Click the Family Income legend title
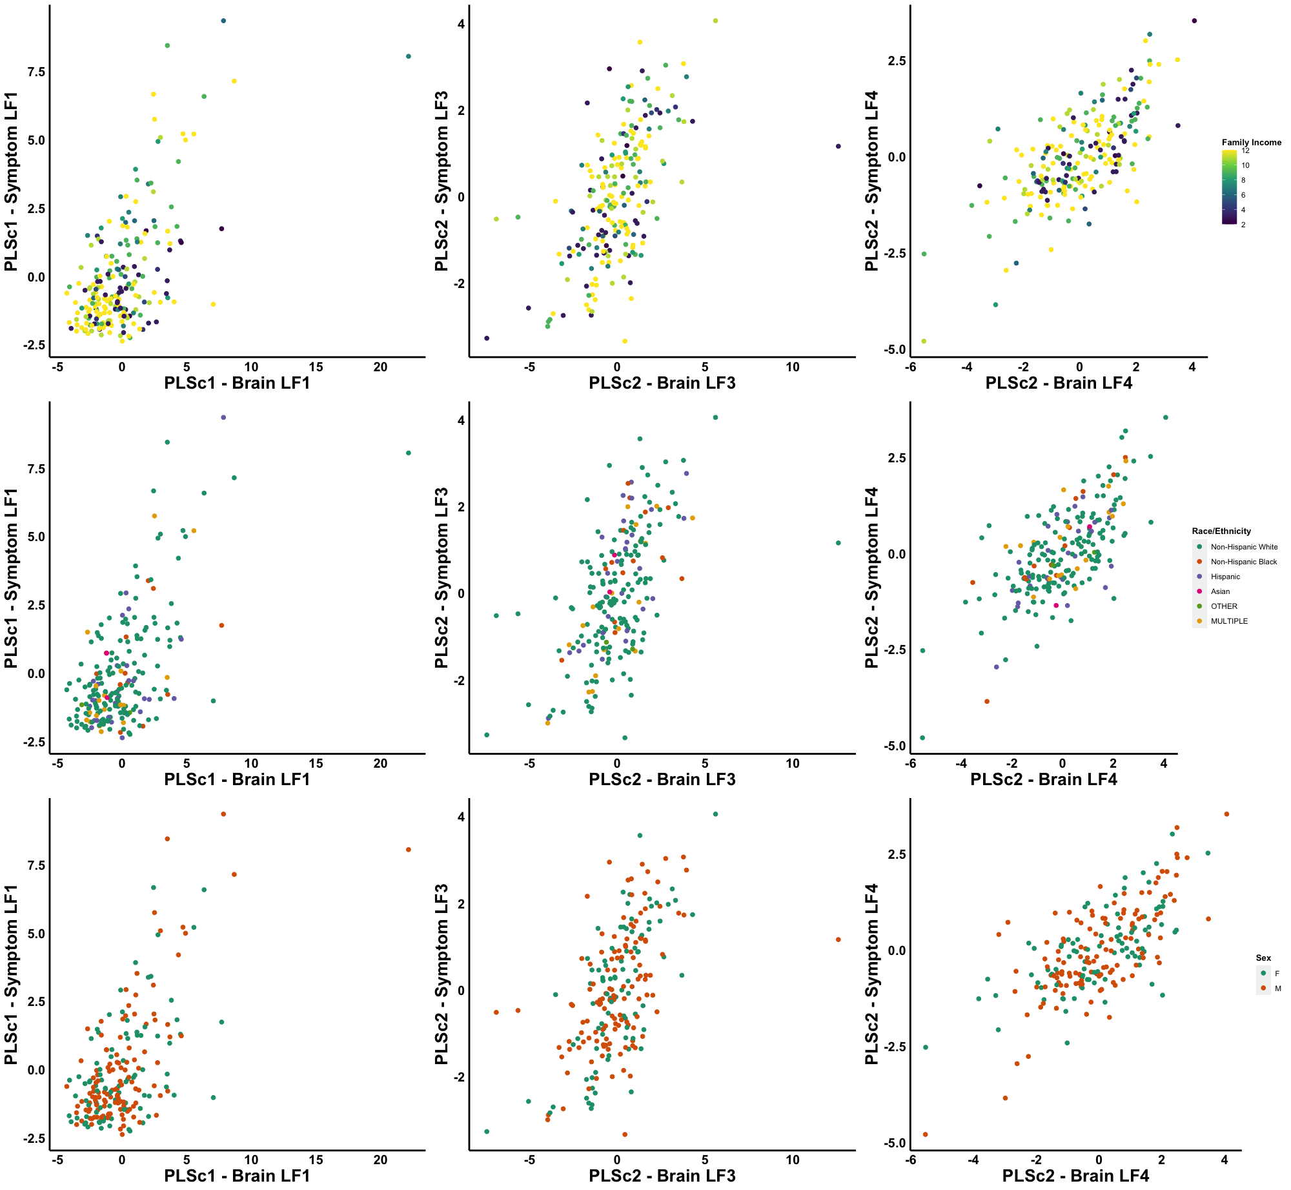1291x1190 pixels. [1251, 142]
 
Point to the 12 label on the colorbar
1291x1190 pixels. [1245, 150]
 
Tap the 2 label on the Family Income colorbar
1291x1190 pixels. [1243, 225]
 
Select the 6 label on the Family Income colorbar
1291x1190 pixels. [1243, 195]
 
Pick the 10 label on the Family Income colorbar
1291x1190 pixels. [1245, 165]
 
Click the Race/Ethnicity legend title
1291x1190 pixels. [1221, 531]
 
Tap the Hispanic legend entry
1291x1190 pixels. [1225, 577]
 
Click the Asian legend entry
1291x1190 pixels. [1220, 591]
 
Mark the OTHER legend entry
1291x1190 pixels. [1224, 606]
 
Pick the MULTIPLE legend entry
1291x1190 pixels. [1229, 621]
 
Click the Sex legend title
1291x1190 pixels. [1263, 958]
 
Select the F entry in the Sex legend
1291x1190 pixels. [1277, 973]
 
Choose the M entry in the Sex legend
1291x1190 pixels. [1277, 988]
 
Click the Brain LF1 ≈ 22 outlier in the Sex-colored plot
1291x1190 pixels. [409, 850]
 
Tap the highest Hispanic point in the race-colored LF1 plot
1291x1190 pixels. [223, 418]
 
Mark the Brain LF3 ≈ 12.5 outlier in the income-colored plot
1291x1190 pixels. [839, 147]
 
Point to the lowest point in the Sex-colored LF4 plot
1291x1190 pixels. [925, 1134]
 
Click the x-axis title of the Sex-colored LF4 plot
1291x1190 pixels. [1075, 1176]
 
